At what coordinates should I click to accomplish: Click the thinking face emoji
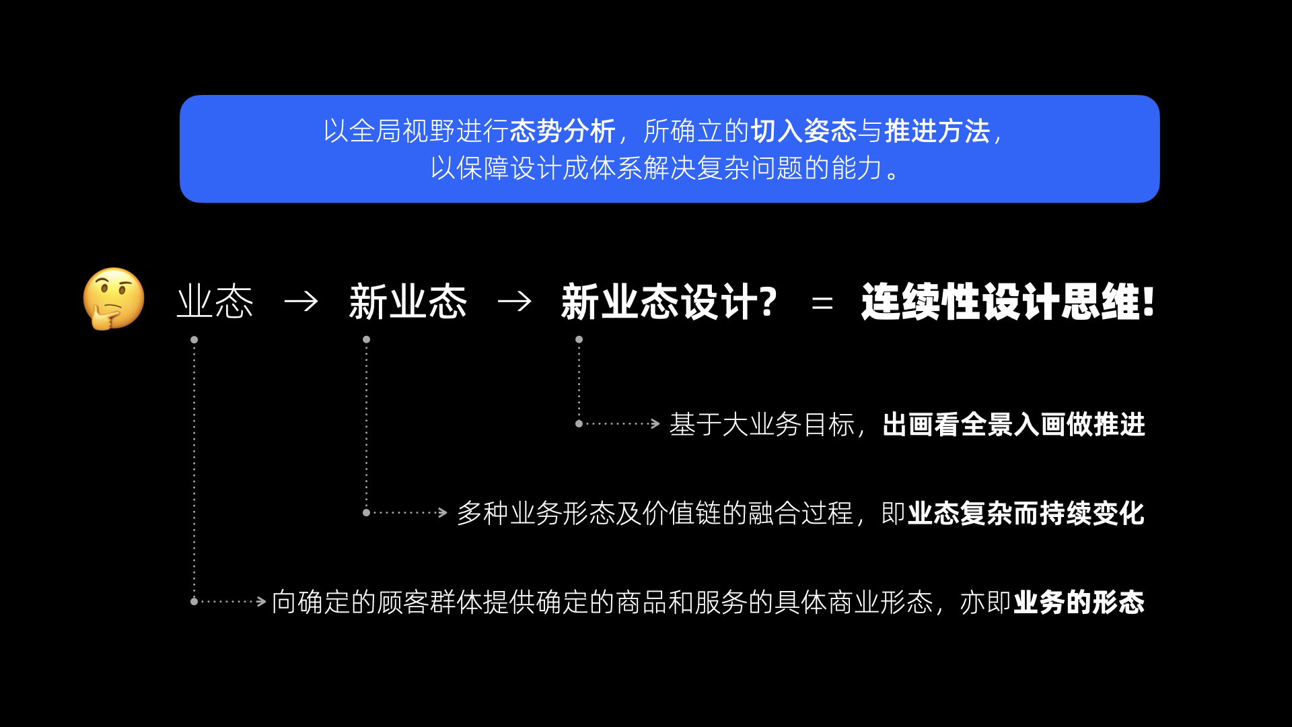pyautogui.click(x=114, y=299)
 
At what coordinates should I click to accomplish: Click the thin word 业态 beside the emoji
pyautogui.click(x=215, y=302)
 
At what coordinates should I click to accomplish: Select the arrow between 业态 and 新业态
pyautogui.click(x=301, y=301)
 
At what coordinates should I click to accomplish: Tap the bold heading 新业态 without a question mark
pyautogui.click(x=408, y=302)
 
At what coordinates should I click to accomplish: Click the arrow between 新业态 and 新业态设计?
pyautogui.click(x=515, y=301)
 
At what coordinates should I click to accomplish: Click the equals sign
pyautogui.click(x=822, y=304)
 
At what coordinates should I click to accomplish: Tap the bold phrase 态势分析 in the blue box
pyautogui.click(x=563, y=131)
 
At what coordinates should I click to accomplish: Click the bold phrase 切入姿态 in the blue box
pyautogui.click(x=803, y=131)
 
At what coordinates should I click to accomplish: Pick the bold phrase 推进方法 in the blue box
pyautogui.click(x=937, y=131)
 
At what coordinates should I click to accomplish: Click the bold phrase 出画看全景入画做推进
pyautogui.click(x=1013, y=425)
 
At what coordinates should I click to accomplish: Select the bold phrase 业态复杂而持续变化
pyautogui.click(x=1026, y=514)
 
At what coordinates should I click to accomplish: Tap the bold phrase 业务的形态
pyautogui.click(x=1079, y=602)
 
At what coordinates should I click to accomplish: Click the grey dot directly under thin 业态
pyautogui.click(x=194, y=340)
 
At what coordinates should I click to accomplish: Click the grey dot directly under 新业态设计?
pyautogui.click(x=579, y=340)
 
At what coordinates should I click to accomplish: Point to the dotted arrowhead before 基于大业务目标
pyautogui.click(x=655, y=424)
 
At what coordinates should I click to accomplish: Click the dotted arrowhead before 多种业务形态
pyautogui.click(x=443, y=513)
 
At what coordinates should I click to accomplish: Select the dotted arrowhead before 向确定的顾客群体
pyautogui.click(x=262, y=602)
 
